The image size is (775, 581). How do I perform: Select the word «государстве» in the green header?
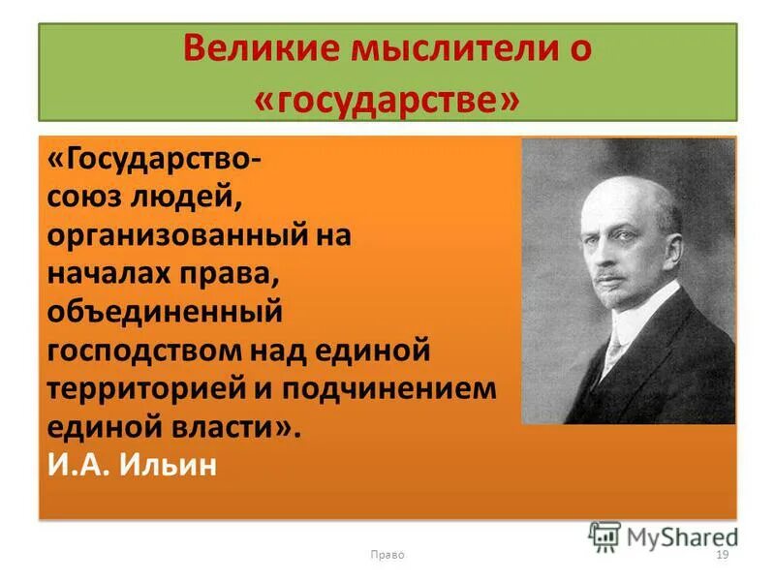(387, 98)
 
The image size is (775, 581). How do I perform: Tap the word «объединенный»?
(165, 313)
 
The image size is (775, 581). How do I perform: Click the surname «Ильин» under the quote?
(175, 465)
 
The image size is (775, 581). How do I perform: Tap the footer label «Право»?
(387, 555)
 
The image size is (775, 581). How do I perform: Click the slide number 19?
(721, 555)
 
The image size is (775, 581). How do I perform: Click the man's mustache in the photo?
(613, 275)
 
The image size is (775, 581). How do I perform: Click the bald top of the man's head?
(635, 174)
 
